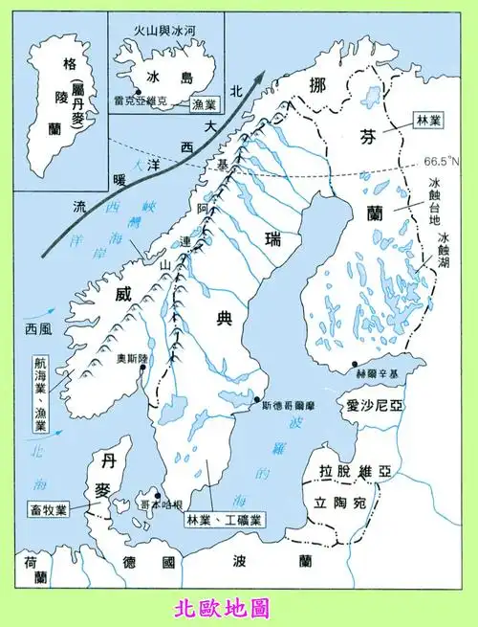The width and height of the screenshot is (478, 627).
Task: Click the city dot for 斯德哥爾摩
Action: (x=256, y=401)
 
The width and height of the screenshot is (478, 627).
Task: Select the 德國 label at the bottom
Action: (x=163, y=562)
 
